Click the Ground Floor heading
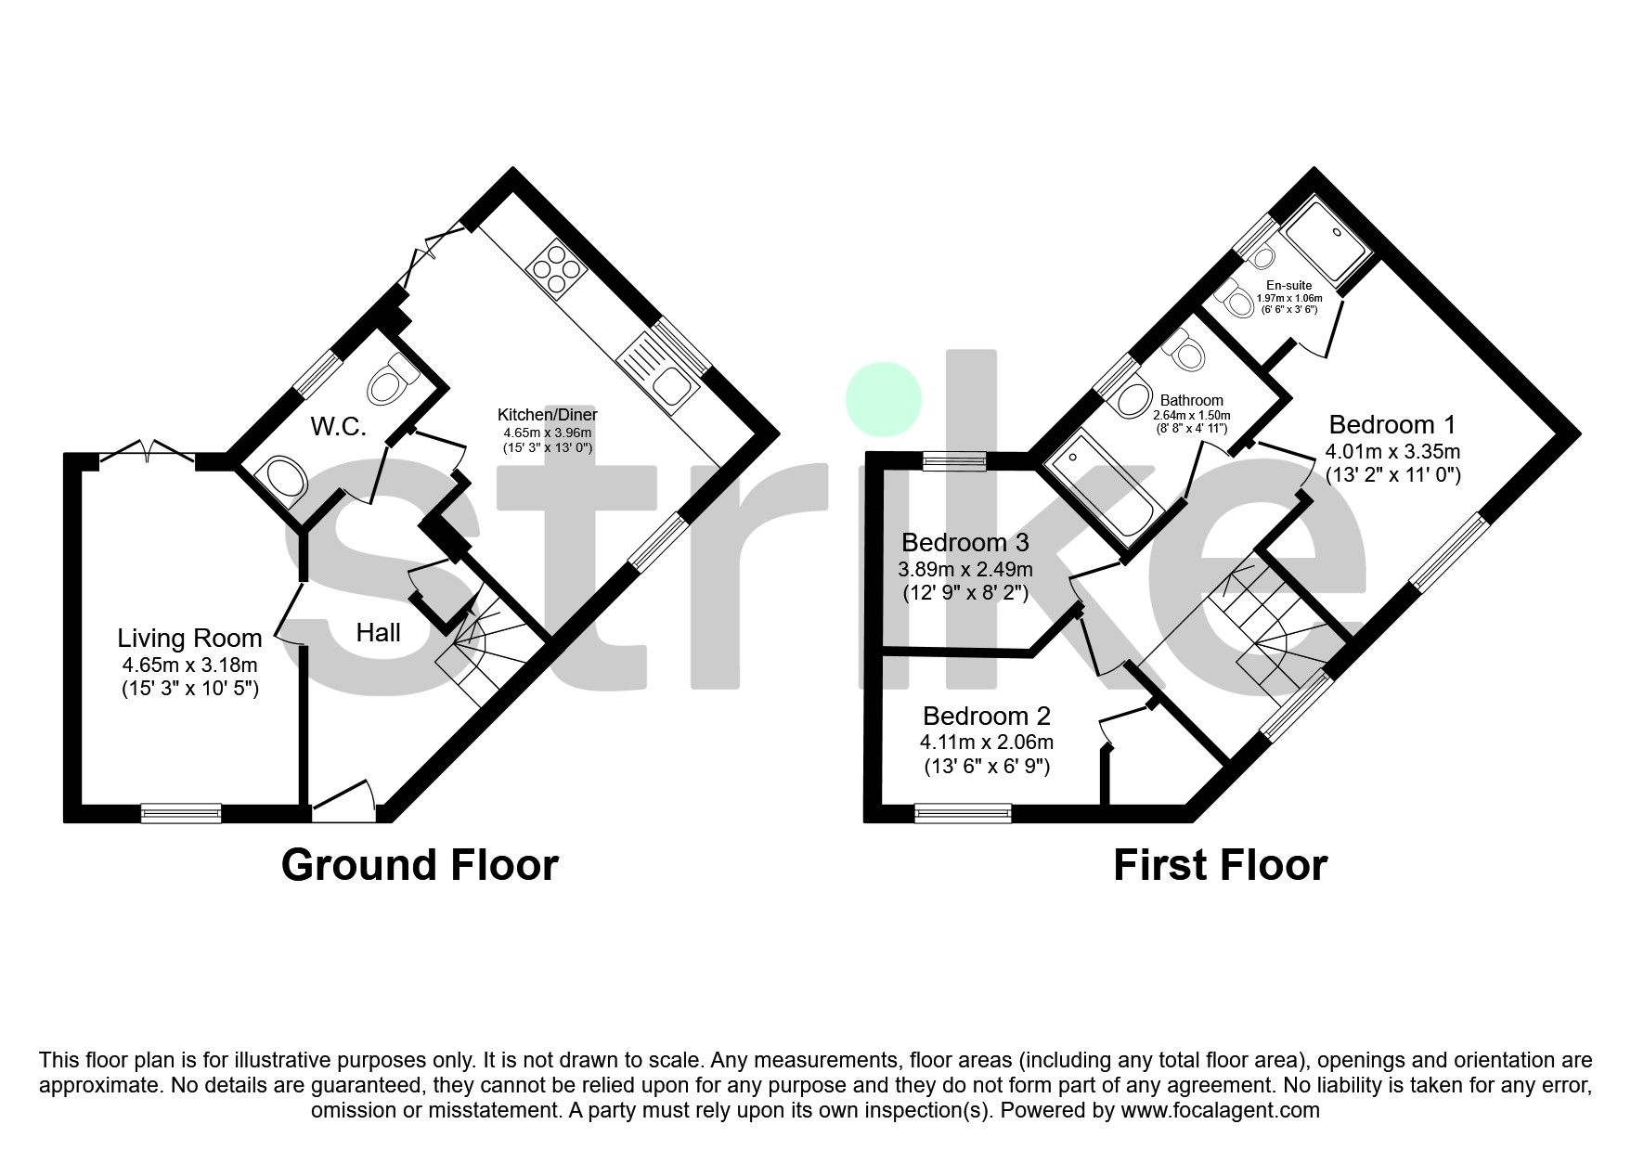click(420, 865)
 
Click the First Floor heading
click(1220, 865)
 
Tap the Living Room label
click(189, 639)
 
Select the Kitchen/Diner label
click(548, 414)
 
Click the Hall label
click(379, 633)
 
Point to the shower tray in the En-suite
click(1323, 245)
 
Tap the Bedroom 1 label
click(1392, 425)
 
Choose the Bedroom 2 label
click(987, 717)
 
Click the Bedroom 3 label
click(965, 542)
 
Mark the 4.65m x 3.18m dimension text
click(189, 665)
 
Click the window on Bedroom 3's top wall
click(955, 460)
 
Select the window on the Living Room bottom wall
click(181, 813)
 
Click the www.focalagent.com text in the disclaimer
click(1220, 1110)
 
